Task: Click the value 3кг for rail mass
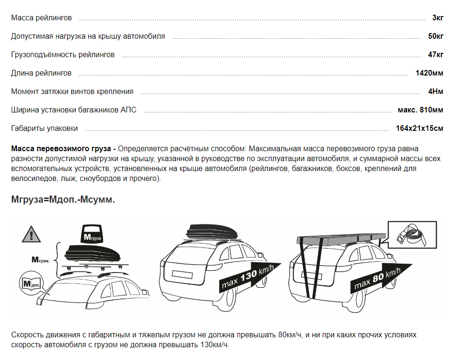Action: [438, 18]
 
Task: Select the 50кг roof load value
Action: [436, 36]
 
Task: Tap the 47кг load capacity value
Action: [436, 54]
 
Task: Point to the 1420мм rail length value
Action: [429, 73]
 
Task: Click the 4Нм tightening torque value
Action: [436, 91]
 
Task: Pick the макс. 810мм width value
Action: [420, 110]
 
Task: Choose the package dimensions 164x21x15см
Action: [420, 128]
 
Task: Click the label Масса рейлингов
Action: [42, 18]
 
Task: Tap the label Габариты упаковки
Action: [44, 129]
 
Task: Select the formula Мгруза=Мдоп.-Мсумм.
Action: [63, 199]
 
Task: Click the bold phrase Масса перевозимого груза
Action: [61, 149]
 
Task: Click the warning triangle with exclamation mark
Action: [31, 234]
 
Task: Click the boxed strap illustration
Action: [412, 235]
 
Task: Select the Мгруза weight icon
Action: [92, 233]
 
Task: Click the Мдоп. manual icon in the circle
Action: [31, 283]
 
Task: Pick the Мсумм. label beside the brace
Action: [40, 260]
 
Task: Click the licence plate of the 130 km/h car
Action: [182, 274]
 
